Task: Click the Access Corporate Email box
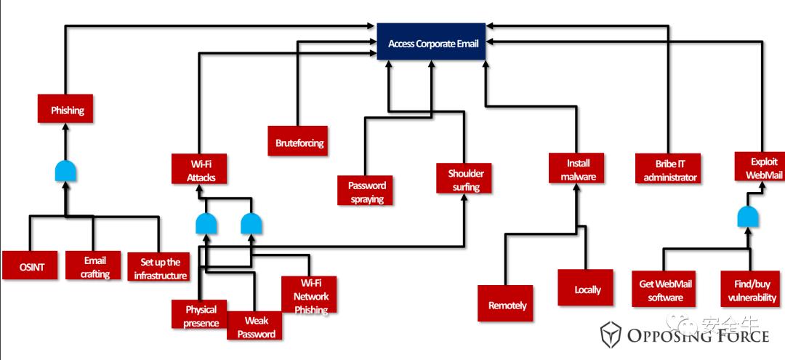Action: [x=432, y=44]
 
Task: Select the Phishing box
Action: [x=67, y=111]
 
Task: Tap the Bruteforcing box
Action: [x=299, y=141]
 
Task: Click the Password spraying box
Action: [x=366, y=192]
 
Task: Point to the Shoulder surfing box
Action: [x=465, y=180]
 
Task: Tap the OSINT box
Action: [x=32, y=267]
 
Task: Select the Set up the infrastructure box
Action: [x=158, y=267]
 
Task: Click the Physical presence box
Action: [x=199, y=315]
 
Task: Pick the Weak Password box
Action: [x=255, y=327]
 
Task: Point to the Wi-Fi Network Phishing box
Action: [x=310, y=295]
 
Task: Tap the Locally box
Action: [x=587, y=289]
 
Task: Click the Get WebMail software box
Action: [x=665, y=290]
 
